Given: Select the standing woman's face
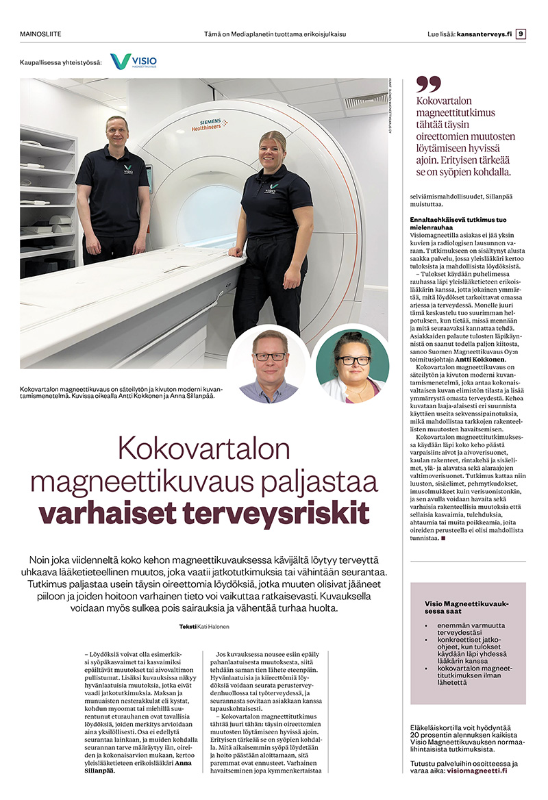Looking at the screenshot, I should pos(272,147).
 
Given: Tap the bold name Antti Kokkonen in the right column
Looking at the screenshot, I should pos(477,359).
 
